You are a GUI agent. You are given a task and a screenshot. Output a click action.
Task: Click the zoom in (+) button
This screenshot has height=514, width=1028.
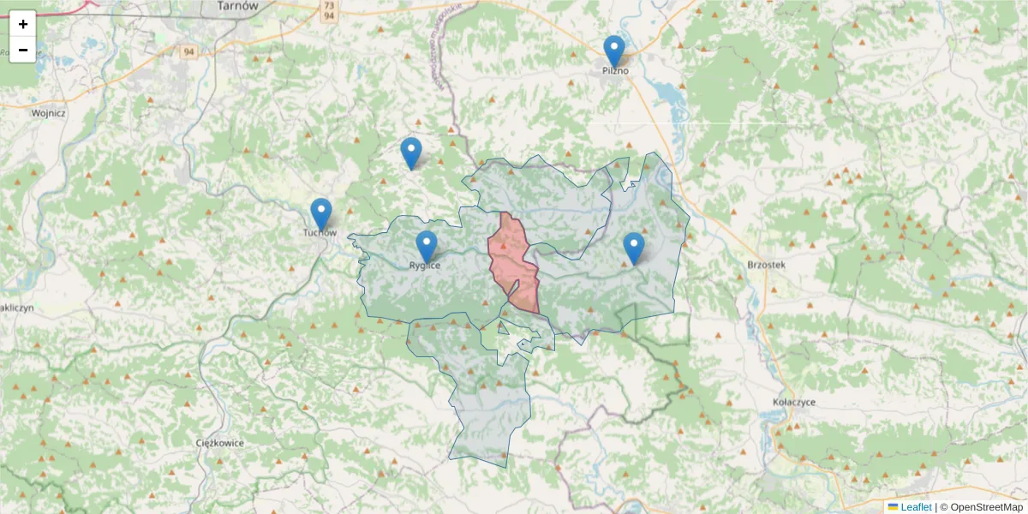point(22,24)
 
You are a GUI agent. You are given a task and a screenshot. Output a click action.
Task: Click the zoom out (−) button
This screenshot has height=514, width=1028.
point(22,50)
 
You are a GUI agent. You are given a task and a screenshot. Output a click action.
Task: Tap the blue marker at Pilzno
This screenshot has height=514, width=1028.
point(614,51)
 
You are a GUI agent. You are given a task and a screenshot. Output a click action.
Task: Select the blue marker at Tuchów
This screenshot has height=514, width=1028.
point(321,214)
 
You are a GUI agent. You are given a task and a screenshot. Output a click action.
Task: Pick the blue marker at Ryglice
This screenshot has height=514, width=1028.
point(427,247)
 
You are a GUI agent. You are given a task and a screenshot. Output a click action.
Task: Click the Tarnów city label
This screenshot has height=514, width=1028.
point(238,5)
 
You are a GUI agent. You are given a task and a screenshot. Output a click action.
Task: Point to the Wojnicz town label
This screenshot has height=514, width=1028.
point(48,112)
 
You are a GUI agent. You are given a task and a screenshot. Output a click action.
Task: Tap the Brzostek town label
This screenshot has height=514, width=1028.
point(766,265)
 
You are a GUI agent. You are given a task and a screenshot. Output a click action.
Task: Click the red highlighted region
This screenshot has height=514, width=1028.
point(514,261)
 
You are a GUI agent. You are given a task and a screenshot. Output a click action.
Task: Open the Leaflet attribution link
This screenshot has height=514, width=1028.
point(916,507)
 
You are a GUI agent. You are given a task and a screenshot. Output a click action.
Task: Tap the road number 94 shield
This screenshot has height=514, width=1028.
point(188,51)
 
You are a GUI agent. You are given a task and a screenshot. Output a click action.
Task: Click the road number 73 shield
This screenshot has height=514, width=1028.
point(329,5)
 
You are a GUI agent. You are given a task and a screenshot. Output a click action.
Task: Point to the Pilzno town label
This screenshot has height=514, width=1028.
point(614,71)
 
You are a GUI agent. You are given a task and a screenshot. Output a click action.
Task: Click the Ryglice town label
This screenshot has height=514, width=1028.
point(425,266)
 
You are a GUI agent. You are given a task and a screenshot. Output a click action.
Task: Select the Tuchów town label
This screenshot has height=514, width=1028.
point(320,232)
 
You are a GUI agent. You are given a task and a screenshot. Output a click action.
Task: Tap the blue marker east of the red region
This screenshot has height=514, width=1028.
point(634,248)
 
